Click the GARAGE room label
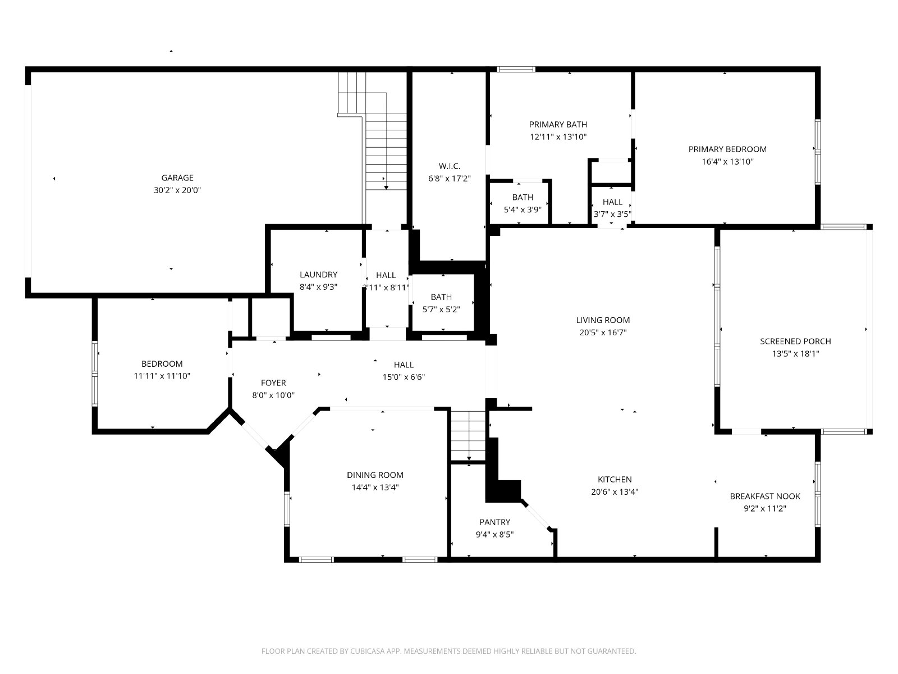pyautogui.click(x=177, y=177)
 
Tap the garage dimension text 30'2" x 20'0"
pyautogui.click(x=177, y=190)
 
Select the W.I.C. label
pyautogui.click(x=450, y=166)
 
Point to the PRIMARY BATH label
pyautogui.click(x=558, y=124)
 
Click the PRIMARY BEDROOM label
pyautogui.click(x=727, y=149)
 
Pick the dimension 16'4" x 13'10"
pyautogui.click(x=727, y=162)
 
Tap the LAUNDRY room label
pyautogui.click(x=318, y=275)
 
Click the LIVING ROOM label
pyautogui.click(x=603, y=320)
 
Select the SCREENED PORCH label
pyautogui.click(x=795, y=341)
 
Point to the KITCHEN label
pyautogui.click(x=615, y=479)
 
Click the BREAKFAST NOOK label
pyautogui.click(x=765, y=497)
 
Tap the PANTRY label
pyautogui.click(x=494, y=522)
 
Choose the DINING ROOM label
pyautogui.click(x=375, y=475)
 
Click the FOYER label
pyautogui.click(x=273, y=383)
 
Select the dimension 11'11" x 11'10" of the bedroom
pyautogui.click(x=162, y=376)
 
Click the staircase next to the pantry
pyautogui.click(x=469, y=436)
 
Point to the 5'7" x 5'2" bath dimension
pyautogui.click(x=441, y=309)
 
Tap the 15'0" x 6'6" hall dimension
pyautogui.click(x=404, y=377)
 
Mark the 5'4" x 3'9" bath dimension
pyautogui.click(x=523, y=210)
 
